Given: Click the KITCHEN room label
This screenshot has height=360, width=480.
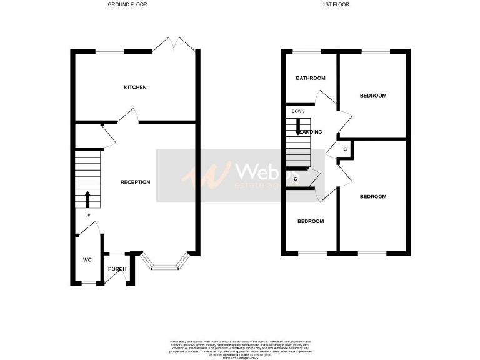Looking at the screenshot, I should [x=135, y=87].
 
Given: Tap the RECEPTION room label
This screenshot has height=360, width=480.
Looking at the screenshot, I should [x=135, y=182].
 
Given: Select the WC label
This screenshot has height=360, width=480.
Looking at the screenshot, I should [x=87, y=259].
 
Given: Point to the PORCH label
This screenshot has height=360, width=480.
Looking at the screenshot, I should [x=117, y=269].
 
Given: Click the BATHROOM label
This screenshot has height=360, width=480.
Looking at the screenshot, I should [x=311, y=78].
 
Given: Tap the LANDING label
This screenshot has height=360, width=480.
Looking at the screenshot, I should [x=311, y=132].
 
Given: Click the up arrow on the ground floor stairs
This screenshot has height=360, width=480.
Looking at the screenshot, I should [x=87, y=200].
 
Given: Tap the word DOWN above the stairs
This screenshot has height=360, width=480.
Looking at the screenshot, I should [x=297, y=111].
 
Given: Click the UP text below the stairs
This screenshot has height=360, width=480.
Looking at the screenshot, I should [x=87, y=216].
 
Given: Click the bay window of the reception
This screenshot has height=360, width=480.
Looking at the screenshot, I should [x=165, y=266].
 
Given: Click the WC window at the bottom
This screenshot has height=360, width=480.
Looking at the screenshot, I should [x=89, y=284].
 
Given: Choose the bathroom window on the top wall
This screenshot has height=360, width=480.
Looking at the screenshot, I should [x=306, y=51].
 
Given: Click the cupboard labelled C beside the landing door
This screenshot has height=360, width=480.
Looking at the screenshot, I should [x=346, y=149].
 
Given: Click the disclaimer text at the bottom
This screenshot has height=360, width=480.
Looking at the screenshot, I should [x=240, y=347].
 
